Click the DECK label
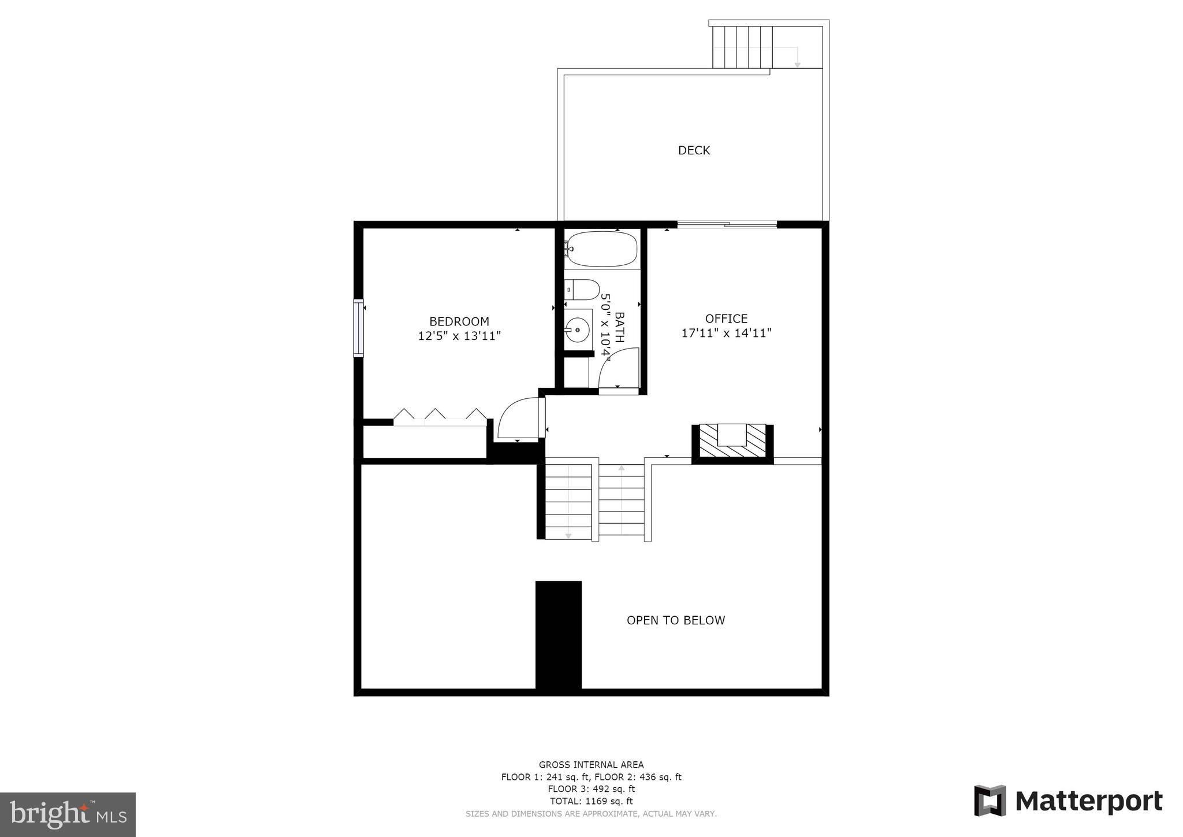tap(694, 150)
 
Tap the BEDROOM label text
tap(459, 321)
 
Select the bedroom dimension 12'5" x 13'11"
tap(459, 336)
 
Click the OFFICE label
tap(726, 318)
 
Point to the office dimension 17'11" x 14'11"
tap(726, 333)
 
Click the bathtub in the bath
tap(602, 249)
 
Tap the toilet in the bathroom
tap(582, 289)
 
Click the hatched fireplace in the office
tap(732, 442)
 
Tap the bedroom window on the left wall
tap(359, 328)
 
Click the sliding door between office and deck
tap(727, 225)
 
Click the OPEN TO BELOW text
tap(675, 620)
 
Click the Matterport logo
tap(1068, 801)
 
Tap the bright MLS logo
tap(68, 814)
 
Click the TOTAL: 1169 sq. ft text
tap(591, 801)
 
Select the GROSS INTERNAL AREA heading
tap(591, 765)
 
